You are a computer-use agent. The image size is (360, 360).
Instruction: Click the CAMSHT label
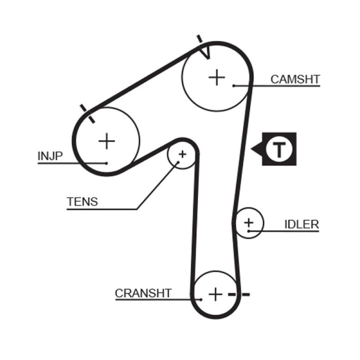tap(295, 80)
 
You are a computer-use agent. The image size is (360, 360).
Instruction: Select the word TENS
tap(82, 202)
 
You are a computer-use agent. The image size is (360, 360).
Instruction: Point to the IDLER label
tap(301, 224)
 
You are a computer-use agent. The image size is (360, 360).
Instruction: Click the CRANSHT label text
tap(143, 293)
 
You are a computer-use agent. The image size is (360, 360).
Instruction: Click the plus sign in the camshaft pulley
tap(217, 77)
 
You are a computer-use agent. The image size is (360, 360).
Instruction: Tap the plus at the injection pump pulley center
tap(107, 141)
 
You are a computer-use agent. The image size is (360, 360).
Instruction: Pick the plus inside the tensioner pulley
tap(182, 154)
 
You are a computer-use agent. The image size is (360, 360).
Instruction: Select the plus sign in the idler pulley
tap(248, 222)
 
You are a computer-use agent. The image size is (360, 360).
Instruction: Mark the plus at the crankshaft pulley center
tap(216, 294)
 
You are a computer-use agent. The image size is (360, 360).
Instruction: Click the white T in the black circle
tap(279, 149)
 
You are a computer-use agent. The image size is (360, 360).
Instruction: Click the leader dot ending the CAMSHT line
tap(234, 85)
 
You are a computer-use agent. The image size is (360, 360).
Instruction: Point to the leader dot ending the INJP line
tap(107, 163)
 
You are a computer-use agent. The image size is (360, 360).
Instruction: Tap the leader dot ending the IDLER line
tap(248, 231)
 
